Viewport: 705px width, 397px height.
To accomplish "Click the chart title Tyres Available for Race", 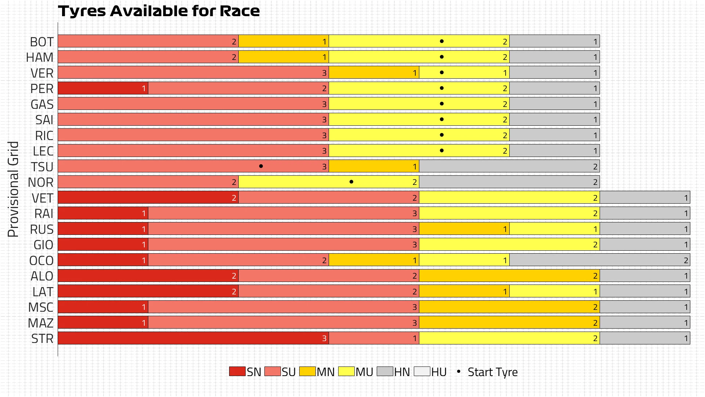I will [x=159, y=11].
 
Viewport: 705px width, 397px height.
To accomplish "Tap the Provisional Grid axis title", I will [x=13, y=189].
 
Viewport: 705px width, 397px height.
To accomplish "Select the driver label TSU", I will [x=42, y=167].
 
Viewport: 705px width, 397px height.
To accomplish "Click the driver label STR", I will [x=42, y=339].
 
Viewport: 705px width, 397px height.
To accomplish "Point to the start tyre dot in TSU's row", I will [x=261, y=166].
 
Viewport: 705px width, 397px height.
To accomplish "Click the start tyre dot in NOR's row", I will [x=351, y=182].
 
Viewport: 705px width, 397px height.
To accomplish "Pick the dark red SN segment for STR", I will [x=193, y=338].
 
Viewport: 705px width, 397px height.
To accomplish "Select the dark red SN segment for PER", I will [x=103, y=88].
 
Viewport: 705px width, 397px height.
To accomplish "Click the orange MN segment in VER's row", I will [x=374, y=73].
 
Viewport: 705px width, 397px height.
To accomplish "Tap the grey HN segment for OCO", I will [x=600, y=260].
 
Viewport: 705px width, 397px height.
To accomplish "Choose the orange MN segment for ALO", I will [x=509, y=276].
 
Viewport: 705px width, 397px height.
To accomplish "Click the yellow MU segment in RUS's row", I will [x=554, y=229].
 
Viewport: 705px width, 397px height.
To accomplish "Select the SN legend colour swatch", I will [x=237, y=371].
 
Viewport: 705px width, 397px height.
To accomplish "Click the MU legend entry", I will [x=355, y=372].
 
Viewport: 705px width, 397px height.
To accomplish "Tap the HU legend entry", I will [x=430, y=372].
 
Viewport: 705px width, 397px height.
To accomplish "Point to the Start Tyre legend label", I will [x=492, y=372].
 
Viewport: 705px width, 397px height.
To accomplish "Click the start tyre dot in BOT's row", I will [x=442, y=41].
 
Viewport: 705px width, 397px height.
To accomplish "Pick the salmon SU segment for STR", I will [x=374, y=338].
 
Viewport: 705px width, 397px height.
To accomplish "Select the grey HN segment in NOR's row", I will [x=509, y=182].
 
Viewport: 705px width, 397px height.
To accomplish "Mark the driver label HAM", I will [x=40, y=57].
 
